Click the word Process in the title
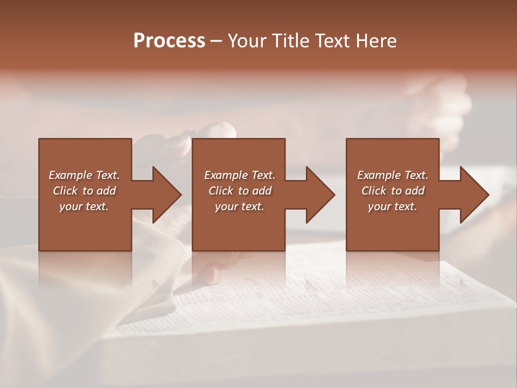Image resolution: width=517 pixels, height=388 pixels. click(169, 41)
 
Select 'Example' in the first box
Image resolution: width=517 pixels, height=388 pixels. click(70, 175)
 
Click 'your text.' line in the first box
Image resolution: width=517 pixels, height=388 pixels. click(84, 206)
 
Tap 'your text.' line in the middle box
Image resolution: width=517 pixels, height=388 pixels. click(240, 206)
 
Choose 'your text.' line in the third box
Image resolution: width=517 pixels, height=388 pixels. click(393, 206)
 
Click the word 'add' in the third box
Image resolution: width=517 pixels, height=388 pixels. click(415, 191)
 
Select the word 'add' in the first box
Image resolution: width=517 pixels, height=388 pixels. click(107, 191)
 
